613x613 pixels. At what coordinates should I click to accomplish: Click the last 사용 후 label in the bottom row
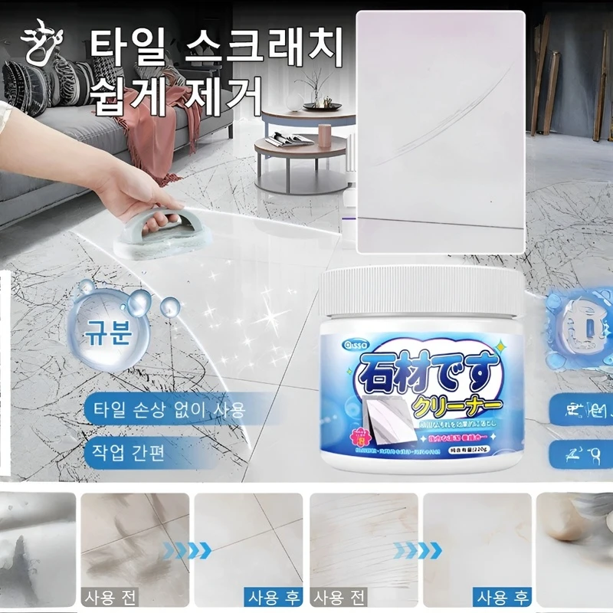(x=502, y=596)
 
